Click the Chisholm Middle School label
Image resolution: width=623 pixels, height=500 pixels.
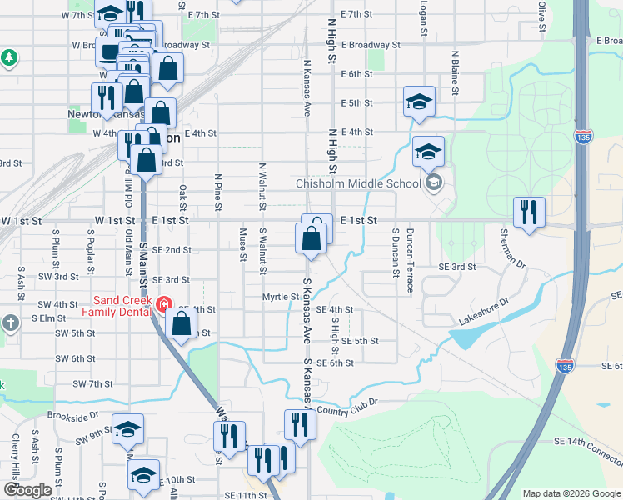358,183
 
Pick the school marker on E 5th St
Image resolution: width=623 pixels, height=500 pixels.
420,102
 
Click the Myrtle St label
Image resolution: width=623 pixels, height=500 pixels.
280,297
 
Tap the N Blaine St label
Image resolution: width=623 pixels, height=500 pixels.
456,72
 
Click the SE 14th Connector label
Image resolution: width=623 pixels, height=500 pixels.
587,451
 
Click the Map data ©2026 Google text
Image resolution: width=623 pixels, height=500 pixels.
571,493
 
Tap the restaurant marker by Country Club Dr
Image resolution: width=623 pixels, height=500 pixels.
299,424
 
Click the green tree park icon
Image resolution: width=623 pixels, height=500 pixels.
9,57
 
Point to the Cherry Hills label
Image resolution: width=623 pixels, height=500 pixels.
15,457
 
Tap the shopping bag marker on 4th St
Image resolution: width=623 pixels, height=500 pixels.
182,323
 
